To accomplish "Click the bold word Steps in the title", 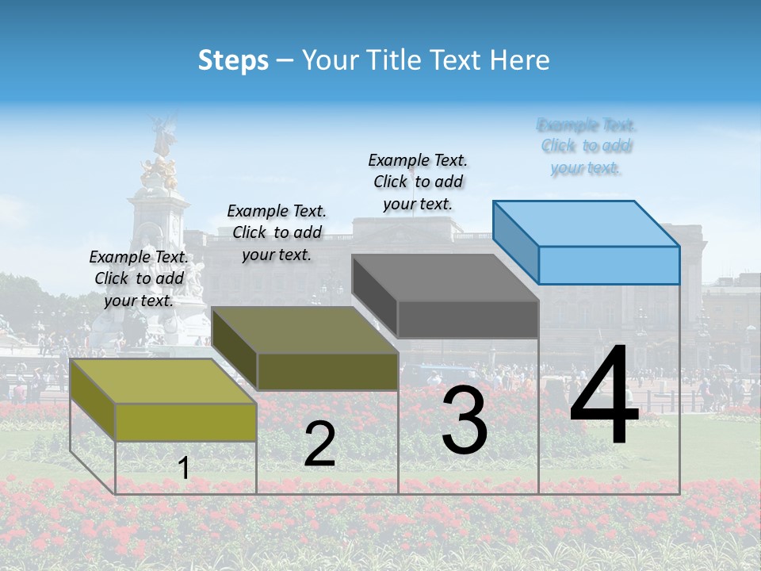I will tap(233, 60).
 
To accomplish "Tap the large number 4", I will tap(604, 397).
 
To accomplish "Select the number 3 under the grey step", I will tap(465, 422).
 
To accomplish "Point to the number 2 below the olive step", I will tap(319, 444).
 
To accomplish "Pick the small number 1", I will tap(184, 469).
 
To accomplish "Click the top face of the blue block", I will tap(587, 224).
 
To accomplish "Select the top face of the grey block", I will tap(446, 278).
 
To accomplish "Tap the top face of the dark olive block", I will tap(305, 330).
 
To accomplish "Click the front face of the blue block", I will tap(609, 265).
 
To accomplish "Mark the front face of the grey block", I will tap(468, 320).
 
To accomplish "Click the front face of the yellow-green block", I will tap(185, 422).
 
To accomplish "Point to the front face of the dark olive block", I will tap(327, 371).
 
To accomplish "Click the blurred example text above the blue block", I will tap(587, 147).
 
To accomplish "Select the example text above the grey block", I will tap(418, 182).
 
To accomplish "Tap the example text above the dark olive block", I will tap(277, 232).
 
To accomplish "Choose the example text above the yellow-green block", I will tap(139, 278).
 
